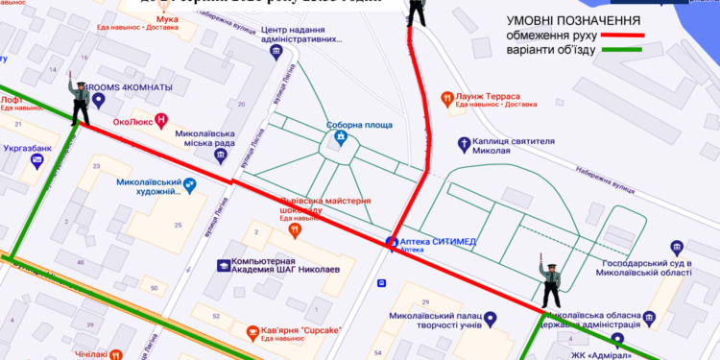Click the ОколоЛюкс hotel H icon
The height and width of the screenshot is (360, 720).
[x=161, y=120]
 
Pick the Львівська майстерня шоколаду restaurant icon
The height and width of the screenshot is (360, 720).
[x=295, y=230]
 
